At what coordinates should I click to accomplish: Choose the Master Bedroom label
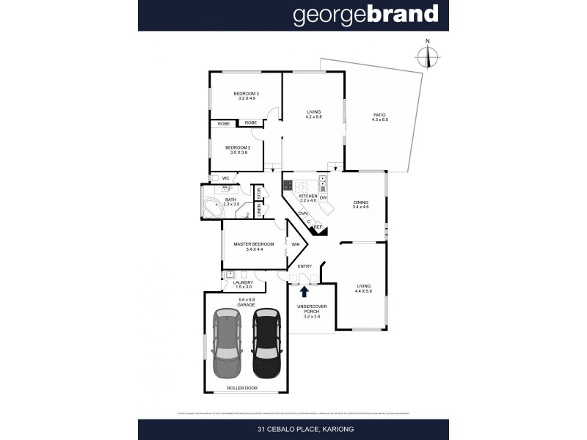point(253,246)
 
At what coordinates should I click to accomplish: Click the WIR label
point(296,243)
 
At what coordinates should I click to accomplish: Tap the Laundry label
point(243,284)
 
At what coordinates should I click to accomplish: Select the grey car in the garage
point(227,342)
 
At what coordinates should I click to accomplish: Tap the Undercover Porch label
point(311,311)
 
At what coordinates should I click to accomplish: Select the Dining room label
point(360,205)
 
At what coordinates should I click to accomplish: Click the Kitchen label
point(307,197)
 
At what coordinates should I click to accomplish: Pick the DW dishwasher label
point(323,197)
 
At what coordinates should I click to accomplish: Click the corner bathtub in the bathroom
point(215,206)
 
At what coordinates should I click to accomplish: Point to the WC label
point(226,178)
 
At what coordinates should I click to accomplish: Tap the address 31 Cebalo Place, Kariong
point(293,429)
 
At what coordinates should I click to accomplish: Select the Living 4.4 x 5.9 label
point(363,289)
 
